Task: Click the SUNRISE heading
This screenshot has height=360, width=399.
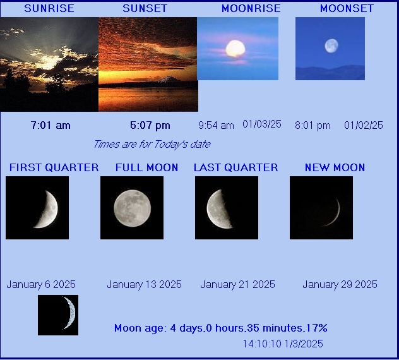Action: tap(49, 8)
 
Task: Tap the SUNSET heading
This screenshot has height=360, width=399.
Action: tap(145, 8)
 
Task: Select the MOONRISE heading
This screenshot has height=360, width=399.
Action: tap(251, 8)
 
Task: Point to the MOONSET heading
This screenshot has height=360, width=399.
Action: tap(347, 8)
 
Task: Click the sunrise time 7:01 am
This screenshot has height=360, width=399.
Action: tap(51, 125)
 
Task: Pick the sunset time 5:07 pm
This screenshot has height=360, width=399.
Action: tap(150, 125)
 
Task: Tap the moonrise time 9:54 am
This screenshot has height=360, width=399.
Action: tap(216, 125)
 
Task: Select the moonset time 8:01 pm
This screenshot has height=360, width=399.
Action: tap(313, 125)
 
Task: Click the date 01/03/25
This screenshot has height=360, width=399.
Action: tap(262, 124)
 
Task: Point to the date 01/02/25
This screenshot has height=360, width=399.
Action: tap(364, 125)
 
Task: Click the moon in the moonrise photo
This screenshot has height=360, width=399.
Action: tap(235, 49)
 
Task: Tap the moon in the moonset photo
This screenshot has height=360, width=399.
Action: tap(331, 46)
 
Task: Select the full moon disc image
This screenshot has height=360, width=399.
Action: tap(133, 208)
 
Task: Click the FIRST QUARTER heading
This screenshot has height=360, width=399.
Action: tap(54, 167)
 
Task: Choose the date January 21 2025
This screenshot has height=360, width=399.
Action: tap(237, 284)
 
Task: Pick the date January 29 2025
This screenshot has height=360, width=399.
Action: tap(340, 284)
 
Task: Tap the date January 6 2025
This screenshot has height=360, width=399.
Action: tap(41, 284)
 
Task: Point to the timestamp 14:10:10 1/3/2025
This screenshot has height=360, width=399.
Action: tap(283, 344)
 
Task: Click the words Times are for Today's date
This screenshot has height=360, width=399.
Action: tap(152, 145)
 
